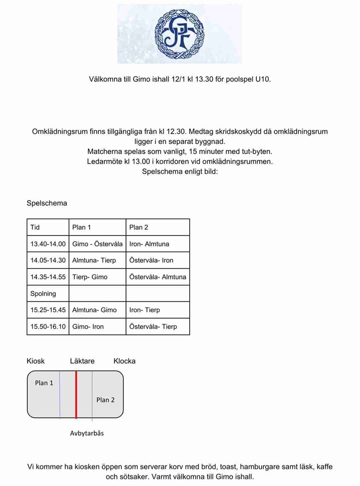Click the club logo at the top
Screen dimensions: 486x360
[x=179, y=33]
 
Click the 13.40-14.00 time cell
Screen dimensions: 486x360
[x=48, y=244]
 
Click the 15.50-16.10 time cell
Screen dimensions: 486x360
[x=48, y=327]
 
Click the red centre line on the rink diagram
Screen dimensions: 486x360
[x=76, y=394]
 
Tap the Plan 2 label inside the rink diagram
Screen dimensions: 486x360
[x=105, y=400]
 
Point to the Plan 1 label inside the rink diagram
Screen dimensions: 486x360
[x=44, y=383]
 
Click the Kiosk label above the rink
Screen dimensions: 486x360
[x=36, y=361]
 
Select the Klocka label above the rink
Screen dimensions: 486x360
[x=125, y=361]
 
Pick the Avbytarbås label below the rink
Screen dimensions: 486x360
[x=87, y=433]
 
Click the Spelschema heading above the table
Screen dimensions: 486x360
[x=47, y=203]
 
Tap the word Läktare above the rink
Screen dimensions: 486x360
[x=82, y=361]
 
